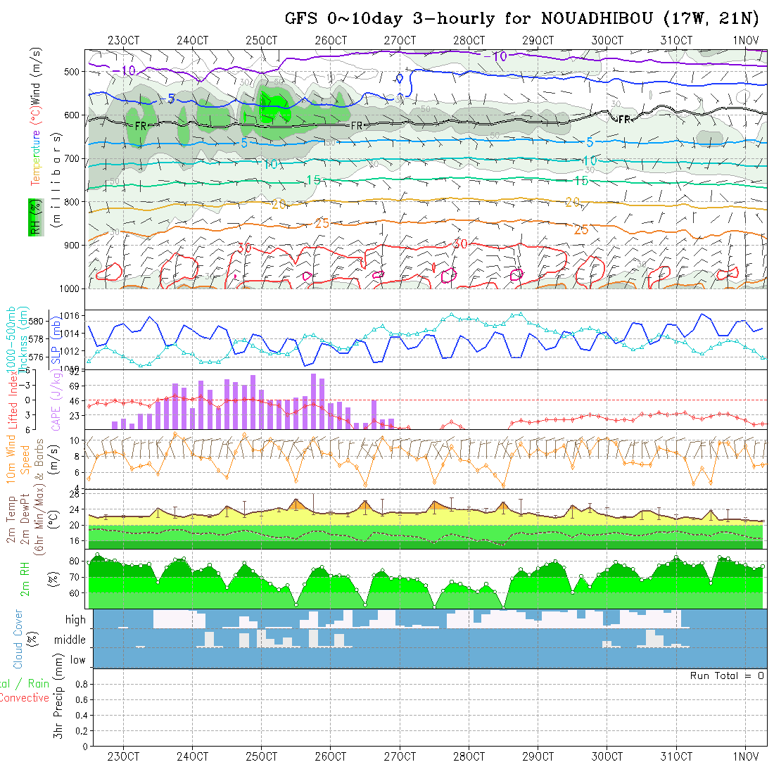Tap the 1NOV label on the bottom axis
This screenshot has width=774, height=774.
point(746,756)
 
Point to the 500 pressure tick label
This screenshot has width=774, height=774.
point(72,71)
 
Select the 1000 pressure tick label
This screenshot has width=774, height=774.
point(70,288)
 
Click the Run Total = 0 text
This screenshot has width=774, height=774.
point(727,675)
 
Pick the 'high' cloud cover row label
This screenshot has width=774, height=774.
point(75,620)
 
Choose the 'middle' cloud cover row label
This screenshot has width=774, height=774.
point(70,640)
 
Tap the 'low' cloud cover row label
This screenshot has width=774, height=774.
point(77,660)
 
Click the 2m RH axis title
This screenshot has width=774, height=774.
point(25,579)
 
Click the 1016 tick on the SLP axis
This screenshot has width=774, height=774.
point(68,315)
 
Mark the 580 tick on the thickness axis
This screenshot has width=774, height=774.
point(37,321)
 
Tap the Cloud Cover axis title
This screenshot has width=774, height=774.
point(18,639)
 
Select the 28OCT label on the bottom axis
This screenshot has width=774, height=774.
point(469,756)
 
